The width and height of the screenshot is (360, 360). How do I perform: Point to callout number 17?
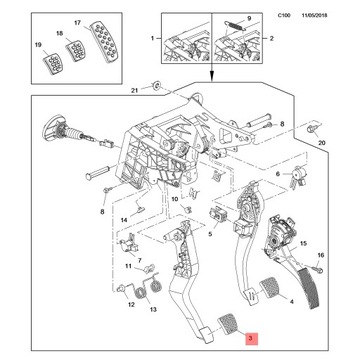point(77,21)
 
